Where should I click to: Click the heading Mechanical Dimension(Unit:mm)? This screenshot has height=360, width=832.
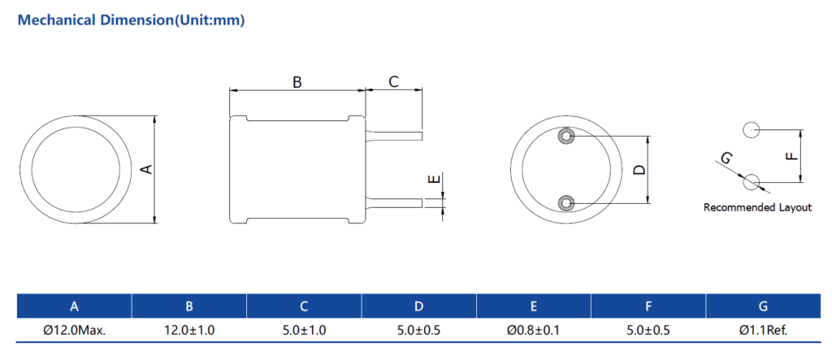[132, 20]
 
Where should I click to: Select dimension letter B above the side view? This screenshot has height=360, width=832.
[297, 82]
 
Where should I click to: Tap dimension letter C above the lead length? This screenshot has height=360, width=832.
[393, 82]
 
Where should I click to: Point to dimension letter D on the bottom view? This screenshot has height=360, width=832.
[640, 169]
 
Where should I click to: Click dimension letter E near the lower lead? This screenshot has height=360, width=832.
[434, 180]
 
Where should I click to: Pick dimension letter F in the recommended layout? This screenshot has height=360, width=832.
[791, 156]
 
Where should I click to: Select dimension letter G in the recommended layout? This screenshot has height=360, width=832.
[726, 157]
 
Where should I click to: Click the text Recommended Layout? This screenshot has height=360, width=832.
[757, 207]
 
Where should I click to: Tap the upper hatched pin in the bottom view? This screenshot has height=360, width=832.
[566, 137]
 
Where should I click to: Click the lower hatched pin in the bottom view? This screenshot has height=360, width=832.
[566, 203]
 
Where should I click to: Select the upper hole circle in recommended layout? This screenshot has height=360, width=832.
[751, 129]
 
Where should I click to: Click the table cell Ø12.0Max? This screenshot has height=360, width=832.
[74, 330]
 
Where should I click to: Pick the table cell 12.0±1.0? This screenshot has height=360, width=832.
[189, 330]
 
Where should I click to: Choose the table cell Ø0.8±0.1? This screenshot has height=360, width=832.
[533, 330]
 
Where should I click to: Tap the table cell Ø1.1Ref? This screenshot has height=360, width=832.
[763, 330]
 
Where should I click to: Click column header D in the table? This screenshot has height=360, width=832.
[419, 306]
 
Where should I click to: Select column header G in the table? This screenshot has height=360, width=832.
[763, 306]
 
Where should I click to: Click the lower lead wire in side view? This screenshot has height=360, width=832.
[394, 203]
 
